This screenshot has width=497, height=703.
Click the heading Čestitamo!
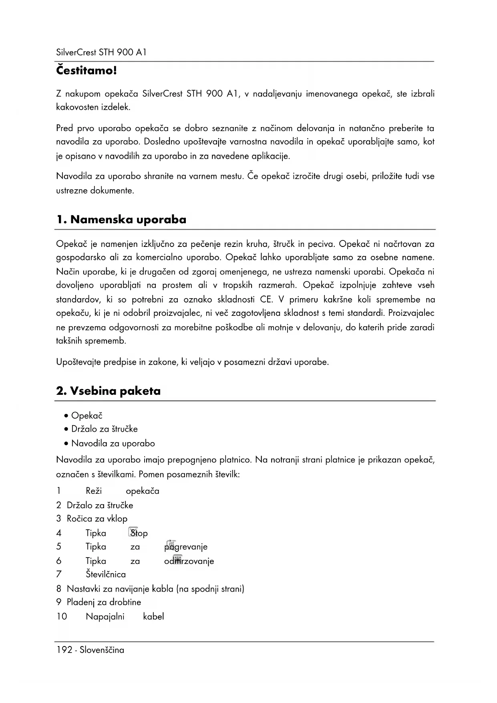(87, 71)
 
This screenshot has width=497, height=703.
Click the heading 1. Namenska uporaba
(121, 220)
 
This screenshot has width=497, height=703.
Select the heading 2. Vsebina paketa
(109, 391)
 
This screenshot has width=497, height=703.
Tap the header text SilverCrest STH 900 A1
(101, 53)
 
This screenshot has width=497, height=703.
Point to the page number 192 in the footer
(64, 650)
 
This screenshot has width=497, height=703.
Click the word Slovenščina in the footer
(102, 650)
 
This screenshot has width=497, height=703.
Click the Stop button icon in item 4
(133, 532)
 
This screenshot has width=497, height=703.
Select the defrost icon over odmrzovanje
(178, 559)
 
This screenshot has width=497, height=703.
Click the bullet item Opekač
(87, 416)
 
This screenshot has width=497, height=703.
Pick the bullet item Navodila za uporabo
(113, 443)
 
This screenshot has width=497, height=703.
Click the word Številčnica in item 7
(106, 574)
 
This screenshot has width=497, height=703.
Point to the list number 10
(62, 616)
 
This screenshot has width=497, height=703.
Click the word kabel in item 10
(153, 616)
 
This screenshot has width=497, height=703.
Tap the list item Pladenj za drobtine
(104, 602)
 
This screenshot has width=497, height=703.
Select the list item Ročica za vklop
(97, 519)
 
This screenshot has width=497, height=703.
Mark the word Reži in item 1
(94, 491)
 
